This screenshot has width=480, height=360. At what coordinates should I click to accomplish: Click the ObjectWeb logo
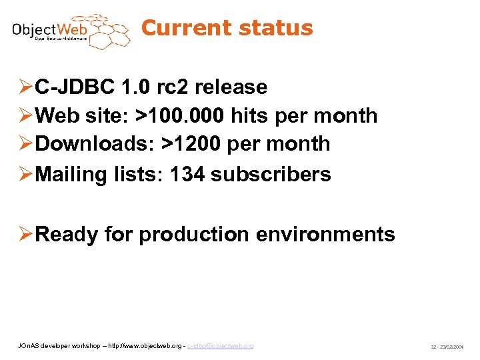pos(69,31)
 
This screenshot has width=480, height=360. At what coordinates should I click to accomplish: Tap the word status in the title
pos(275,28)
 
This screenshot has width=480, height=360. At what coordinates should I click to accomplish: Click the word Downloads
pos(89,144)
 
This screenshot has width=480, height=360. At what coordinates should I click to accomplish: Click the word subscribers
pos(271,174)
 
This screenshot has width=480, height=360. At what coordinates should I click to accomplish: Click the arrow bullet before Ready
pos(25,235)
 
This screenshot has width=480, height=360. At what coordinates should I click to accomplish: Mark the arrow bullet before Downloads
pos(25,144)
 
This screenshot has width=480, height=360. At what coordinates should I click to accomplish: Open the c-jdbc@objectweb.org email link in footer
pos(221,346)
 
